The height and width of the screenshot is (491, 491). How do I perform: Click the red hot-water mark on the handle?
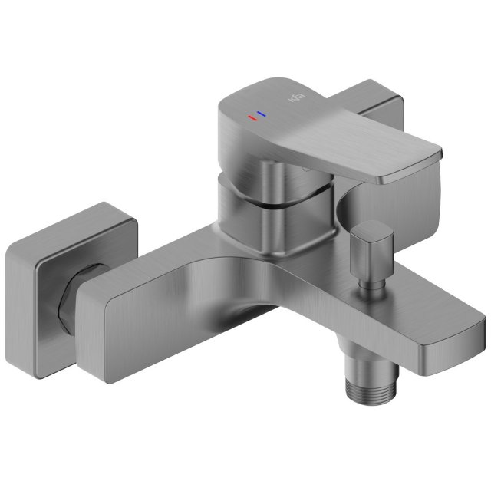click(251, 118)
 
